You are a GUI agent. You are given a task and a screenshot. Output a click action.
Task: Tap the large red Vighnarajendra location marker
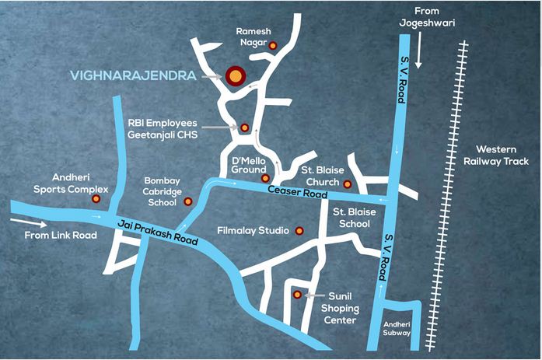tap(233, 75)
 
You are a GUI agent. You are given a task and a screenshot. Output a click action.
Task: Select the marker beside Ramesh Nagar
tap(272, 47)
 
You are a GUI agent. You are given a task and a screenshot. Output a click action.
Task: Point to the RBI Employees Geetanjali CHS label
tap(164, 129)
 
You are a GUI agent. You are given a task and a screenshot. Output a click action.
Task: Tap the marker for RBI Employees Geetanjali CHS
tap(244, 128)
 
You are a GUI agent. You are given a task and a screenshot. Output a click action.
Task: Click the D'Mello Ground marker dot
tap(265, 178)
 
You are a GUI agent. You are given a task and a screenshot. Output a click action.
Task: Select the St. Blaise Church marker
tap(348, 184)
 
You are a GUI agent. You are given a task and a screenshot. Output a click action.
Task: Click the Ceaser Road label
tap(295, 191)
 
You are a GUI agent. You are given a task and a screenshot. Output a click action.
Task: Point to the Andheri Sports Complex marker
tap(96, 199)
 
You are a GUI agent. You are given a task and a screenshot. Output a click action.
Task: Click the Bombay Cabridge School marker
tap(187, 201)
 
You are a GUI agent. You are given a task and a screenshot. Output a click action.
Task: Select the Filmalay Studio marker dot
tap(297, 231)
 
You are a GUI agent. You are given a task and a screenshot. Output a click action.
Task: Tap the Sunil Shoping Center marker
tap(296, 295)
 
